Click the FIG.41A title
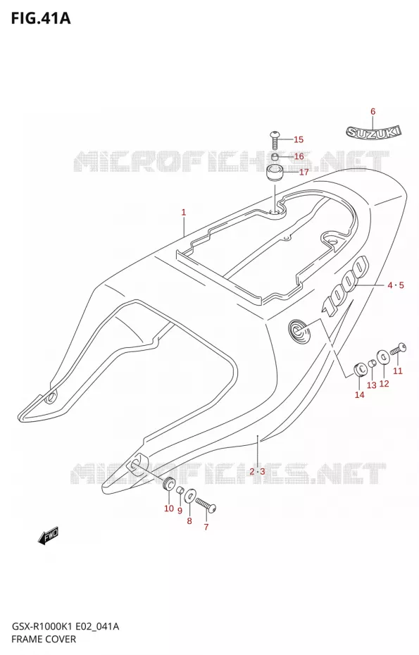pos(42,18)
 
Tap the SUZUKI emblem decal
pos(373,132)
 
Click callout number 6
pos(373,111)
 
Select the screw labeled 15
pos(275,140)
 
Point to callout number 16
pos(299,156)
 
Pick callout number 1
pos(183,212)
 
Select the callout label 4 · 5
pos(395,285)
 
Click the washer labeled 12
pos(382,357)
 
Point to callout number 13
pos(371,385)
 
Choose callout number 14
pos(359,394)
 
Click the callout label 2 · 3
pos(257,472)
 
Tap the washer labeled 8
pos(189,497)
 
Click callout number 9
pos(180,510)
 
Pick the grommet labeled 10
pos(169,484)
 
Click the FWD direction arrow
pos(49,535)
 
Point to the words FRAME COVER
pos(44,639)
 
